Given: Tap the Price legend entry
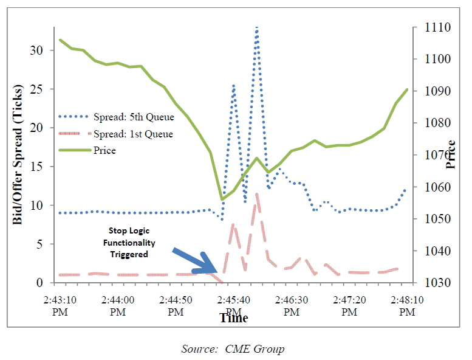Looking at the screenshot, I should coord(104,150).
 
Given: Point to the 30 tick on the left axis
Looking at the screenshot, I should coord(38,50).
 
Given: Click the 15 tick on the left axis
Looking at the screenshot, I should coord(38,167).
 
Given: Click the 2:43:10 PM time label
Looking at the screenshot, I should coord(60,306).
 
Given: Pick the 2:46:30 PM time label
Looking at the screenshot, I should coord(292,306).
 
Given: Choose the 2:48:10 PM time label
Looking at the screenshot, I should coord(407,306).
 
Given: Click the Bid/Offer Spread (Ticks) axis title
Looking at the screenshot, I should coord(18,156).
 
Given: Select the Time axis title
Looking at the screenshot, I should coord(234,318).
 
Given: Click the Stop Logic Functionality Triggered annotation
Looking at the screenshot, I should coord(129,243).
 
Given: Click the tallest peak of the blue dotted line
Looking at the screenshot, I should coord(257,28).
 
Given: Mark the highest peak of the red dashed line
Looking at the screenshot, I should coord(258,195).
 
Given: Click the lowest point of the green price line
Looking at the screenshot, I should coord(222,199).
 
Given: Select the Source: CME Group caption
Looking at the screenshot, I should coord(233,349).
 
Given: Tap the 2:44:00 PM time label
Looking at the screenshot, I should coord(118,306).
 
